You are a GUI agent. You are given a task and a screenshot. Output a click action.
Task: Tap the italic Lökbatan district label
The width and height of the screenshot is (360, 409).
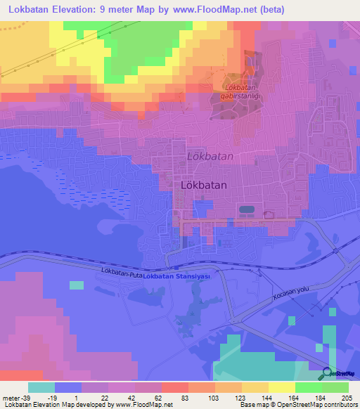(210, 156)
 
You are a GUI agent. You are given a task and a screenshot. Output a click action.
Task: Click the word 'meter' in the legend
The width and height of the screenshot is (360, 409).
(10, 398)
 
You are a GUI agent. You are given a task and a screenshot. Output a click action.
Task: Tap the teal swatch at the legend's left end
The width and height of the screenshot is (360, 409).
(41, 387)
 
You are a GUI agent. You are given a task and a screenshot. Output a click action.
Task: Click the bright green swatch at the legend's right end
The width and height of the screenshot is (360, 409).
(335, 387)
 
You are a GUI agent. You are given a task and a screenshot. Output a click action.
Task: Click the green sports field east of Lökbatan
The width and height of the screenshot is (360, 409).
(246, 209)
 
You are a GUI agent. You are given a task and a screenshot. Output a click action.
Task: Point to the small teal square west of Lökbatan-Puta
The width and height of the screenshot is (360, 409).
(75, 285)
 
